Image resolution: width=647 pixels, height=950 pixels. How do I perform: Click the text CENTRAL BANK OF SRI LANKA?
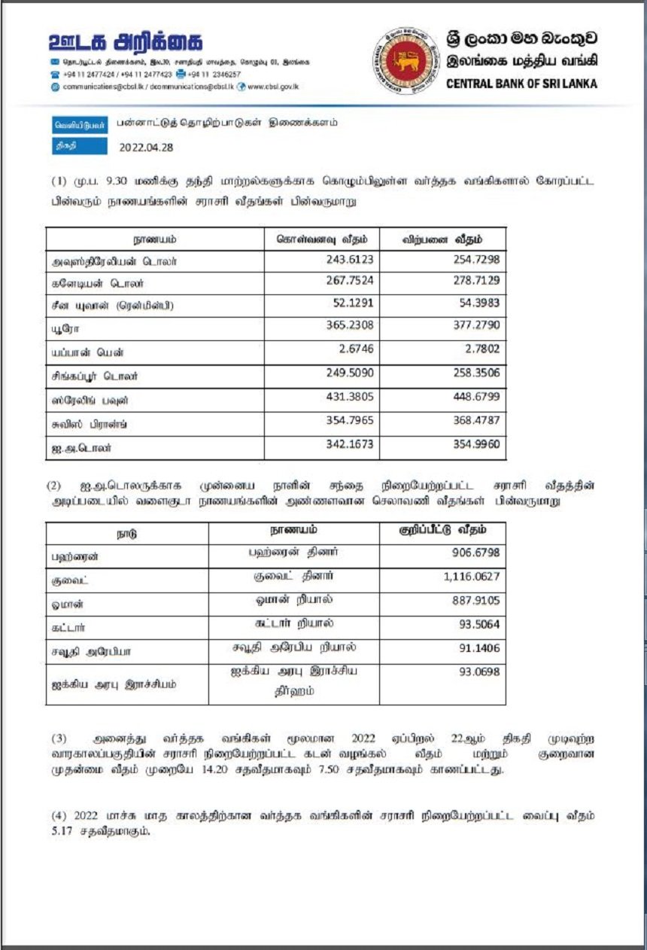[521, 84]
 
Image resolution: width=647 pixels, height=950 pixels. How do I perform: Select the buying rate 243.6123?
[349, 260]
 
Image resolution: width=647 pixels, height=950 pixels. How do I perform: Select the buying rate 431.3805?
[349, 396]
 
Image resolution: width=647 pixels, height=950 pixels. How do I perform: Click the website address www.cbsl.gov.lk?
[273, 87]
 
